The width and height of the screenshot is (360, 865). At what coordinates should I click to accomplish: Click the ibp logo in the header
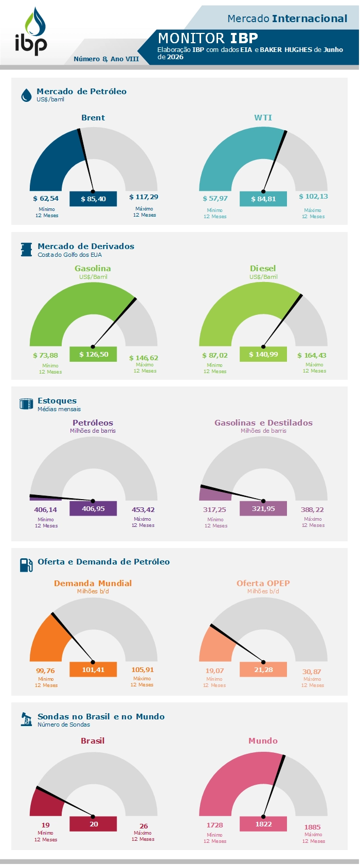coord(31,32)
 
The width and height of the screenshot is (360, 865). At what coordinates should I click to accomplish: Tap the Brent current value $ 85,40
coord(93,199)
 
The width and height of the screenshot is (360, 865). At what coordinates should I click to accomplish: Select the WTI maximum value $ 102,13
coord(313,196)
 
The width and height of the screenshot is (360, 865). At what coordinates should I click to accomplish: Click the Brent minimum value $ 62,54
coord(46,199)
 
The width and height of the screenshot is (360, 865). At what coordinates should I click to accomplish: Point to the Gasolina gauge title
coord(93,268)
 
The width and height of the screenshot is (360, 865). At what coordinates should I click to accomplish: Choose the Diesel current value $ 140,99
coord(263,354)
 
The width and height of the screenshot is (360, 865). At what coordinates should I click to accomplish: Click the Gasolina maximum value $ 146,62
coord(143,358)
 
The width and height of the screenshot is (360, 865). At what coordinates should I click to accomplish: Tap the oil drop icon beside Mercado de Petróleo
coord(26,95)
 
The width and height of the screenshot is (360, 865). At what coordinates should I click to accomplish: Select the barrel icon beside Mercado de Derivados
coord(26,250)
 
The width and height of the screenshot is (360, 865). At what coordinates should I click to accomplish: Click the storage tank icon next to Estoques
coord(26,404)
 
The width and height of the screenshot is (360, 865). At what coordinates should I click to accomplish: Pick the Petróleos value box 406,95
coord(93,508)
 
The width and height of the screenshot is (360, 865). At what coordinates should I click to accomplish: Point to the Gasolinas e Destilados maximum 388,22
coord(312,509)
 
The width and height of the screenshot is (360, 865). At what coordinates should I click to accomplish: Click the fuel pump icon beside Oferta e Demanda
coord(26,565)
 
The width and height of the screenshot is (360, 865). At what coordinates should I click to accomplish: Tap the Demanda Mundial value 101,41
coord(93,669)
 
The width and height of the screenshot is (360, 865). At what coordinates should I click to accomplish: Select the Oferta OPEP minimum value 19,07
coord(214,671)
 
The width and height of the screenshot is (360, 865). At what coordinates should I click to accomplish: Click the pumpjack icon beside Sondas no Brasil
coord(26,719)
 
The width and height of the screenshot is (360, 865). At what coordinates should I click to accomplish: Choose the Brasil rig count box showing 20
coord(93,824)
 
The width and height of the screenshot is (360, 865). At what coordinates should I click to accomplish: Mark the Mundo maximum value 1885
coord(312,827)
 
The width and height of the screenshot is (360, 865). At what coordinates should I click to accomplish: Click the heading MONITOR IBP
coord(208,38)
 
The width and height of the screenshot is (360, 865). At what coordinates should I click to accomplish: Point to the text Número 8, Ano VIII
coord(106,59)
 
